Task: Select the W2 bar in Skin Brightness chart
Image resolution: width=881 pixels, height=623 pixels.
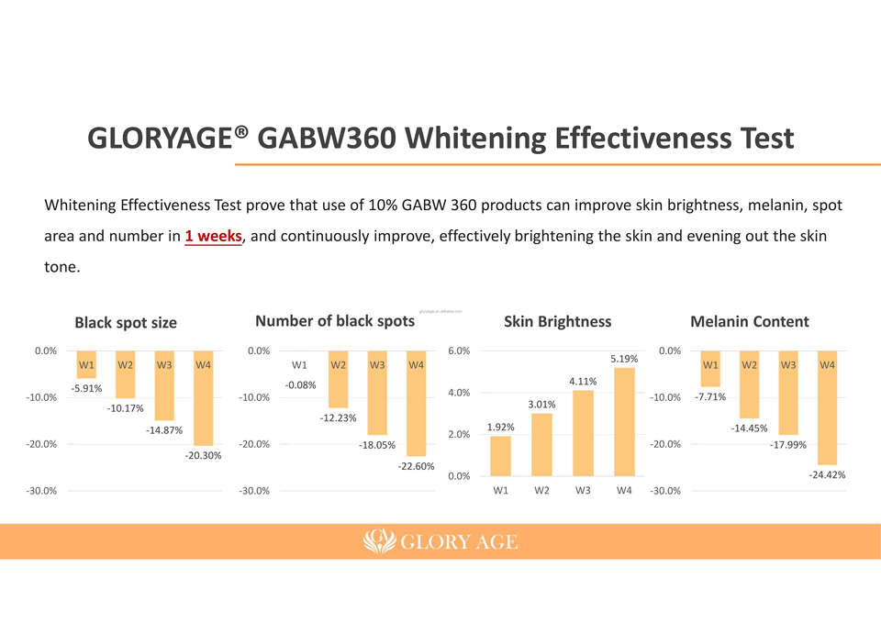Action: point(541,444)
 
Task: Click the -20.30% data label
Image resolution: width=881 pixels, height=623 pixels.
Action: point(203,456)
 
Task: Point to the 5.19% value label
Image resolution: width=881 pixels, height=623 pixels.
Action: point(624,359)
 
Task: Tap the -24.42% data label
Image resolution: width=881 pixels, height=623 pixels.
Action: point(827,475)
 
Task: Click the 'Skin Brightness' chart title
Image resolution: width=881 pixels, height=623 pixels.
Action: point(557,321)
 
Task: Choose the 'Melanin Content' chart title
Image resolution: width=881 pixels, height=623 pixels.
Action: point(749,321)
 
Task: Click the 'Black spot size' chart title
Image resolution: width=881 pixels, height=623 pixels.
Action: point(126,323)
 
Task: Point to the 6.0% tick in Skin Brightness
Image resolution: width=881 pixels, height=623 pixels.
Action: point(459,350)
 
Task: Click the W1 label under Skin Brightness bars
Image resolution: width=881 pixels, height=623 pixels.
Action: point(501,490)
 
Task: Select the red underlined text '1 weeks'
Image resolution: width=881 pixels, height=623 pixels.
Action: point(213,237)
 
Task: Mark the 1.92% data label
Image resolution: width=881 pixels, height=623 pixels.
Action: point(501,427)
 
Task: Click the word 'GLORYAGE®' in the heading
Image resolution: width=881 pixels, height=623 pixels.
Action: point(168,139)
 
